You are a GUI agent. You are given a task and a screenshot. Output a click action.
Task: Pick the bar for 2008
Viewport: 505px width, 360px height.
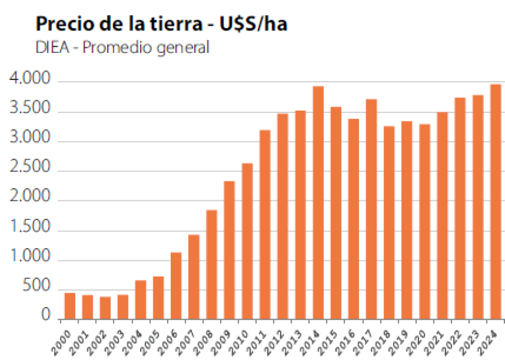coord(212,264)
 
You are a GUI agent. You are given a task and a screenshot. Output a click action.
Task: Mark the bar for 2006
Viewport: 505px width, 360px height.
coord(176,285)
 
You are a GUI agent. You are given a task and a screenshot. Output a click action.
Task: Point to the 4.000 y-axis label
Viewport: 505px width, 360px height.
coord(30,80)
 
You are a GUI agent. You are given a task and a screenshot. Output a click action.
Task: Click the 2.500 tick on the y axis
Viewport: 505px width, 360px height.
coord(30,169)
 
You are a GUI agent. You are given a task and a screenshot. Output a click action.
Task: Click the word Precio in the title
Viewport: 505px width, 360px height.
coord(60,25)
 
